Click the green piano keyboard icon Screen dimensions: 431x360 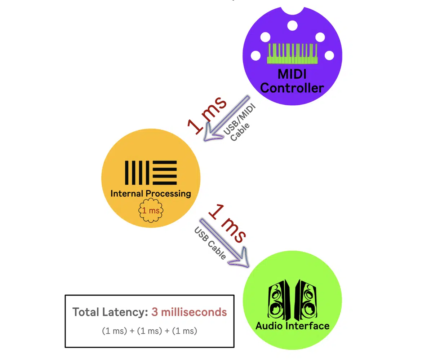(293, 54)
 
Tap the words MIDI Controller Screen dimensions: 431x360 (292, 81)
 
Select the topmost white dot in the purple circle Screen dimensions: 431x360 (293, 26)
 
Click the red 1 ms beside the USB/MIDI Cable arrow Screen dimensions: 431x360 (207, 115)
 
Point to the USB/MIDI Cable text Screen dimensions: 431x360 (240, 123)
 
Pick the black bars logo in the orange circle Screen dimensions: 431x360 (151, 172)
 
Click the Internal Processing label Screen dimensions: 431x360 (151, 193)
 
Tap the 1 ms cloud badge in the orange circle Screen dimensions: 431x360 (151, 211)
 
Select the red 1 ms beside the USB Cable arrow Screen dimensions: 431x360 (227, 224)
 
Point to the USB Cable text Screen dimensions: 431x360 (210, 243)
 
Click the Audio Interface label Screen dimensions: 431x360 (293, 326)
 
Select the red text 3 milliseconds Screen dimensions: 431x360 (189, 312)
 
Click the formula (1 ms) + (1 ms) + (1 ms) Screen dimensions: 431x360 (150, 331)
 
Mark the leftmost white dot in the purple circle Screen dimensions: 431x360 (256, 56)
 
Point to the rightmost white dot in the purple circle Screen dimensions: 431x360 (329, 56)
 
